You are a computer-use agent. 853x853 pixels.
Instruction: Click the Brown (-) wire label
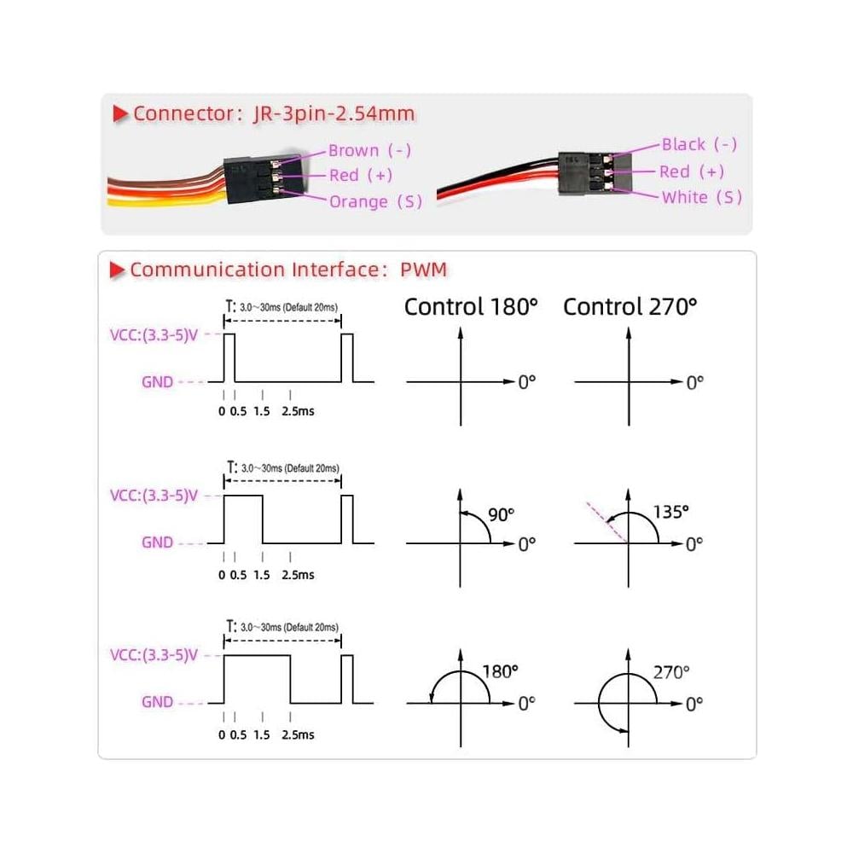coord(369,151)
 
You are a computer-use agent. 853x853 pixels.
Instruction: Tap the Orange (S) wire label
coord(375,201)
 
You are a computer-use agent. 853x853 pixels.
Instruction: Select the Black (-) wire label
coord(699,145)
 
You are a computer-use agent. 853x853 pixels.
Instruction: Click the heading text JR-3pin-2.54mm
coord(334,113)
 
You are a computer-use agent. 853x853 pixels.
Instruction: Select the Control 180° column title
coord(471,306)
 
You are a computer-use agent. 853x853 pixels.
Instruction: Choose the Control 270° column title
coord(630,306)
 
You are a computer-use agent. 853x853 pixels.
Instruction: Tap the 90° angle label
coord(501,514)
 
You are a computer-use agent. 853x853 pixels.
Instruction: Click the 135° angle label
coord(671,512)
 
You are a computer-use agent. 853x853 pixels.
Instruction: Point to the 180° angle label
coord(500,671)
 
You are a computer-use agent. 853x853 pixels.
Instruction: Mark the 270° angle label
coord(671,672)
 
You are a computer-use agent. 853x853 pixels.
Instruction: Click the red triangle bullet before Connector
coord(119,113)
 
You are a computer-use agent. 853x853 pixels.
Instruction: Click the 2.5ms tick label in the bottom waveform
coord(298,734)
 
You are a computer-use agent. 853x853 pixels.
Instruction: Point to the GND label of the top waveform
coord(157,382)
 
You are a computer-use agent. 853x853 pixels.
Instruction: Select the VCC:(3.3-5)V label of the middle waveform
coord(154,496)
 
